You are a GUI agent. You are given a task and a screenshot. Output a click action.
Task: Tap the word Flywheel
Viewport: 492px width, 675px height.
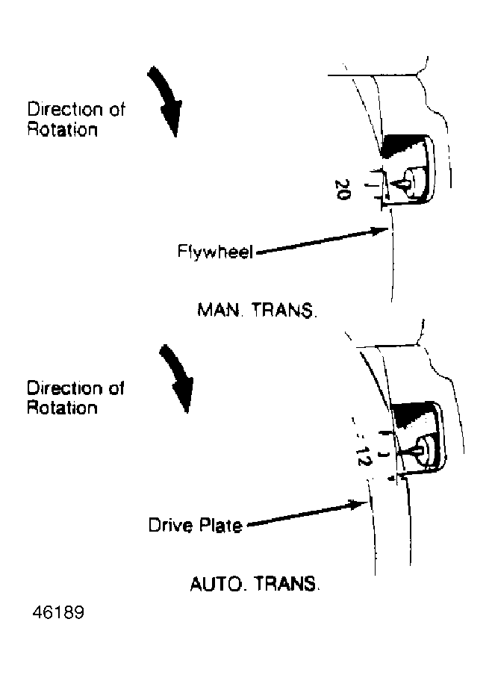(x=215, y=252)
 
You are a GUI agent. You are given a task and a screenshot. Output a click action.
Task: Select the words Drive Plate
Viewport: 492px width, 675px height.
(x=195, y=526)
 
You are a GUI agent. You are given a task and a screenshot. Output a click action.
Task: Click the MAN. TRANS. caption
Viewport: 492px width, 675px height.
(x=257, y=310)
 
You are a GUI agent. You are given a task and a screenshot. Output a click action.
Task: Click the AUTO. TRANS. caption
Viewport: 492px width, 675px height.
(x=255, y=584)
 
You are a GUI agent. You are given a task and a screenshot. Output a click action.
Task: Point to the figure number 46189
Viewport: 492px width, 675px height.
(x=58, y=612)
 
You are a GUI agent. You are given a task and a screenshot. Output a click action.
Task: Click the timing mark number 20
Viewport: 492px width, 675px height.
(x=343, y=190)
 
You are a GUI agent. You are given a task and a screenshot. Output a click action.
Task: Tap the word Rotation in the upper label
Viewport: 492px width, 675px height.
(x=63, y=130)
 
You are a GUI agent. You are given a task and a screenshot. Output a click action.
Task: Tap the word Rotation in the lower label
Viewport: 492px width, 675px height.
(x=62, y=407)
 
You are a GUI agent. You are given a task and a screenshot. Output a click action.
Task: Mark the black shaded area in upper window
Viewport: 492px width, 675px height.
(x=402, y=146)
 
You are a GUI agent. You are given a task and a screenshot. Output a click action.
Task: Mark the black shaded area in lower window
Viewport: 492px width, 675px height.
(x=411, y=414)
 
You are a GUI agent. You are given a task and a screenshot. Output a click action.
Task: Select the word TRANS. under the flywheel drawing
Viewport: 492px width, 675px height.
(x=284, y=310)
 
